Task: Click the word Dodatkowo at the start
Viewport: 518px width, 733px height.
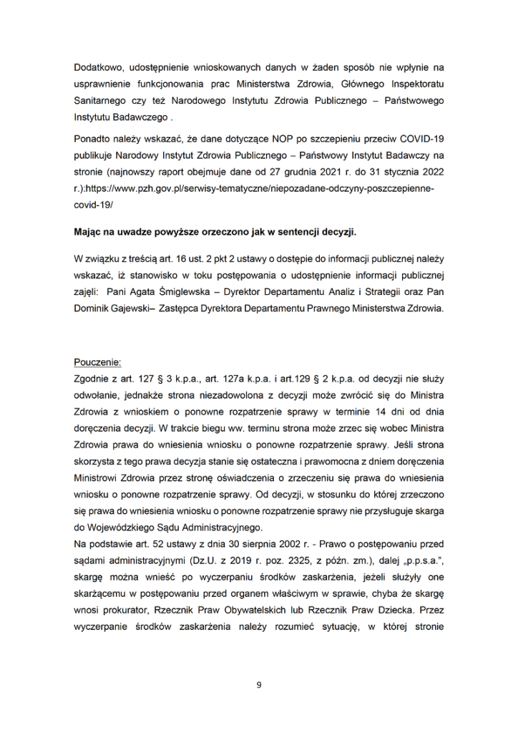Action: coord(95,68)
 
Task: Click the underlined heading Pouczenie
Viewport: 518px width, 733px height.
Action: coord(98,361)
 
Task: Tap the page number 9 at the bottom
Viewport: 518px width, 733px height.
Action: coord(259,685)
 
